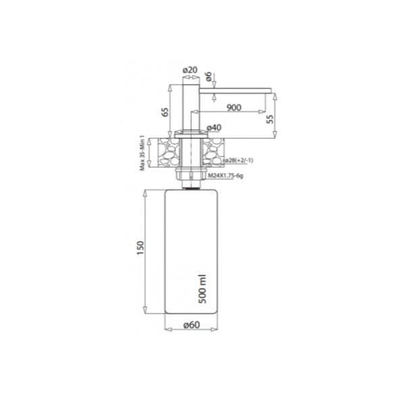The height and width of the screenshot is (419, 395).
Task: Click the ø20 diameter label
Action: coord(190,70)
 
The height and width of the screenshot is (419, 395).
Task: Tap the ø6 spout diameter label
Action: coord(209,76)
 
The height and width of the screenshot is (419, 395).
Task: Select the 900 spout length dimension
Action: coord(234,107)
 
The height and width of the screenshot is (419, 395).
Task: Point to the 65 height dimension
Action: coord(165,112)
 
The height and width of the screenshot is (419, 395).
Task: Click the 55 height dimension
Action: coord(270,119)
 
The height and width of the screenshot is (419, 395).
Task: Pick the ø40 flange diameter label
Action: coord(214,128)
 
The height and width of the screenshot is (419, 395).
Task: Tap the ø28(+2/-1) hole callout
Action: coord(238,161)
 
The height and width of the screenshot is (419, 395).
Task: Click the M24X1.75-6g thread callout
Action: coord(226,175)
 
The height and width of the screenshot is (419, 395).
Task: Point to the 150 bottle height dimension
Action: coord(140,248)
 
